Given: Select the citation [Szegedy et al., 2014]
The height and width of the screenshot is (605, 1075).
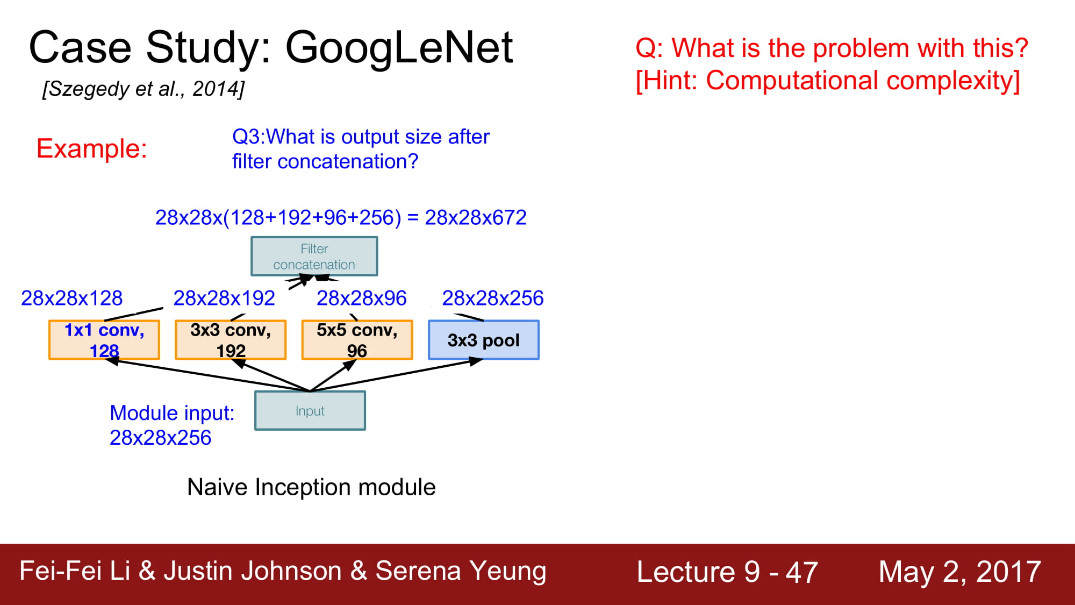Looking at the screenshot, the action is coord(144,89).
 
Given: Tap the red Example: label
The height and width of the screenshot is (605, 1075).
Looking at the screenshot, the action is coord(92,148).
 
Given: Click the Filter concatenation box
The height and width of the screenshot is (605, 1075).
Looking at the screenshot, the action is coord(314,257).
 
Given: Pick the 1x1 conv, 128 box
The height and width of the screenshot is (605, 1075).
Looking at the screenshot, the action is coord(104,340).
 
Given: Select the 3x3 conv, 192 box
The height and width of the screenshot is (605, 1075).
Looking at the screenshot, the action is coord(231,340).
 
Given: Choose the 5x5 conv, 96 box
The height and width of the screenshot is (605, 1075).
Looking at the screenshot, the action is coord(357,340).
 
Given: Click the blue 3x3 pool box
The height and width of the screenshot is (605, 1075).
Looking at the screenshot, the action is coord(484,340).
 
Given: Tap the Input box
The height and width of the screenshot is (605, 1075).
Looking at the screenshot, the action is coord(310,411).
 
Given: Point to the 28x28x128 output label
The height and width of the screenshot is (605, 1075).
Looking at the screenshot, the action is coord(72,298).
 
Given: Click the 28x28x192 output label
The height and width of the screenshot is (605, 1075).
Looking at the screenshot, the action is coord(224,298).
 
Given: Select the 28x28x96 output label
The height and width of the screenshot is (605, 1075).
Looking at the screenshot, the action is coord(362,298).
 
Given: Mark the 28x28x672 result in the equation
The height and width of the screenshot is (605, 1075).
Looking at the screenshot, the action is coord(476,217).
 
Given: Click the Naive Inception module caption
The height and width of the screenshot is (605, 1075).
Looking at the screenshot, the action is coord(311,487).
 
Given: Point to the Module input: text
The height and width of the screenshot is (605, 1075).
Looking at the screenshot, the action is coord(172,413).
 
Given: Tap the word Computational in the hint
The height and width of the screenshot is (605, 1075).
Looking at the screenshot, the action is coord(792,81).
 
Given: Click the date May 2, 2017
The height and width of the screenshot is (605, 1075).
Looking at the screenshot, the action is coord(960,571).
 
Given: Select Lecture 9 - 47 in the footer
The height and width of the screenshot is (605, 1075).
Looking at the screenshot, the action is coord(727,571).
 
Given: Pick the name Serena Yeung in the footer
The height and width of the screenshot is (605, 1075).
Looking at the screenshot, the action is coord(461,571).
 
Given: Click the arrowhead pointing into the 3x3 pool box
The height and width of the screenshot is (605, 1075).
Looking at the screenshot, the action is coord(476,361).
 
